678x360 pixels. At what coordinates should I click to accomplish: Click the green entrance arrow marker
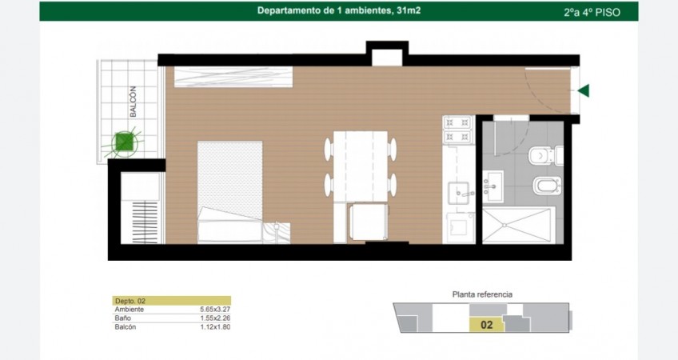(584, 91)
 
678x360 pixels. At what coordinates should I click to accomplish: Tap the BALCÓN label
(134, 102)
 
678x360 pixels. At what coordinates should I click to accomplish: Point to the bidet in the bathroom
(548, 186)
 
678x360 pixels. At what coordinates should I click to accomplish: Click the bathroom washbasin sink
(493, 186)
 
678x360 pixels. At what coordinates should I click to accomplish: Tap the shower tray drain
(505, 225)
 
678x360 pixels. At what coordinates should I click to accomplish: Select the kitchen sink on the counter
(458, 193)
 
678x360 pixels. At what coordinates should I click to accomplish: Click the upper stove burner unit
(458, 123)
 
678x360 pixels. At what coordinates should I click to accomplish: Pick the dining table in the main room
(361, 166)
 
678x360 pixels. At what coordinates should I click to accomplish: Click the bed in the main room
(230, 192)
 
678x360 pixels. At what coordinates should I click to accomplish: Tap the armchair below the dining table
(369, 222)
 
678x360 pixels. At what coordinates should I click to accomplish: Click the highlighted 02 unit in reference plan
(487, 325)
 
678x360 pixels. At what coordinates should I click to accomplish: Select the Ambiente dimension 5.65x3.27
(215, 310)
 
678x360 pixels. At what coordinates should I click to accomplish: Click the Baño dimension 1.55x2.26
(215, 318)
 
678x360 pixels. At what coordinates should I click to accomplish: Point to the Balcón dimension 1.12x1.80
(215, 327)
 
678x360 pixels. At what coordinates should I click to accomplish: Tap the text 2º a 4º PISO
(592, 13)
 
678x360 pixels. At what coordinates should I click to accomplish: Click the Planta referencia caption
(482, 294)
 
